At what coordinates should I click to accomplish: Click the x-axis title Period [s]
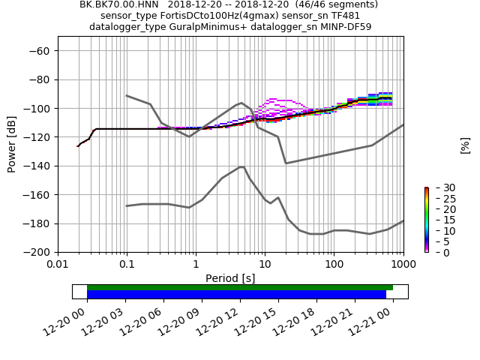(230, 278)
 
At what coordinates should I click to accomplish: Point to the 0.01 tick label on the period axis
(58, 265)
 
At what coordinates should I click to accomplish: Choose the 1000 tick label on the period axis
(403, 265)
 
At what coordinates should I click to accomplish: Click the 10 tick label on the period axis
(265, 265)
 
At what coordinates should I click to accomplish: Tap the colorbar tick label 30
(439, 187)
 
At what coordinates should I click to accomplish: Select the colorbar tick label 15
(439, 220)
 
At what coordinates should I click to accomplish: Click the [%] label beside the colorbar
(465, 145)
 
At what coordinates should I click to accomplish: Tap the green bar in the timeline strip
(240, 287)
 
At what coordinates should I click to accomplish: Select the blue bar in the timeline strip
(236, 295)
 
